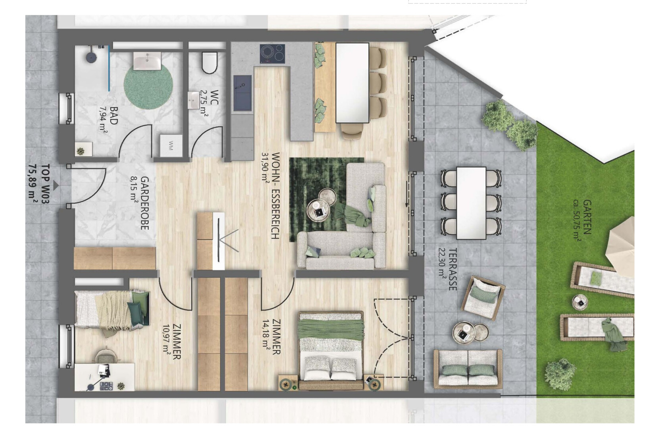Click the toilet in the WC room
pyautogui.click(x=210, y=63)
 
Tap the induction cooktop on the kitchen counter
pyautogui.click(x=272, y=54)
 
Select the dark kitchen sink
pyautogui.click(x=243, y=93)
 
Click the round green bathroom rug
pyautogui.click(x=148, y=85)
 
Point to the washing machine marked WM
pyautogui.click(x=171, y=145)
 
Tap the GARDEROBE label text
pyautogui.click(x=144, y=203)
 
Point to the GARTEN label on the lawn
pyautogui.click(x=587, y=217)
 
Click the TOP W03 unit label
pyautogui.click(x=45, y=184)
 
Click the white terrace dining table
pyautogui.click(x=471, y=203)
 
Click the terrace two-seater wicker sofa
pyautogui.click(x=468, y=369)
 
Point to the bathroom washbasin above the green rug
pyautogui.click(x=147, y=61)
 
